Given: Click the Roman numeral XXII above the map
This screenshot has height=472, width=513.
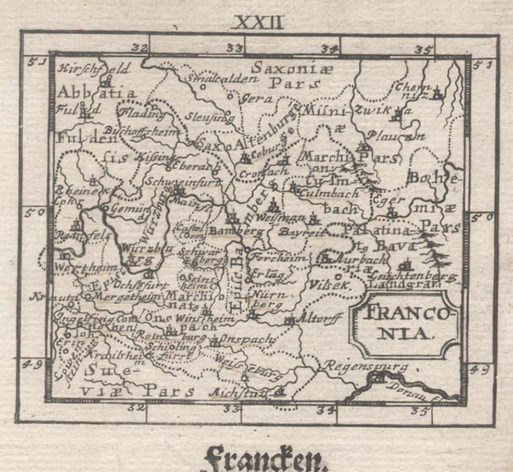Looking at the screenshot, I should [259, 22].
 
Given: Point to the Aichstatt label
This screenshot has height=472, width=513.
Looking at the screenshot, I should [243, 392].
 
